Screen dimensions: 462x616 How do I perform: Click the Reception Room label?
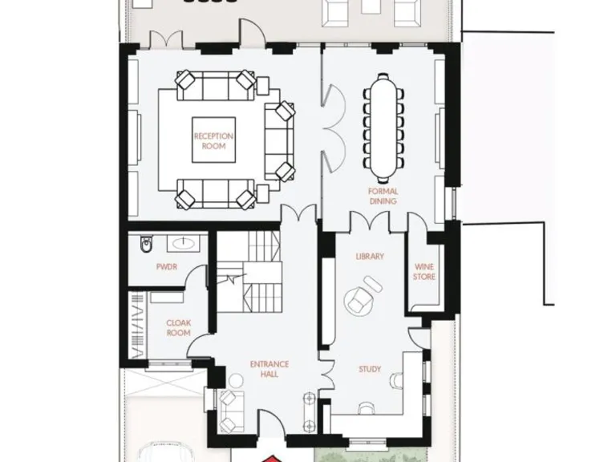click(213, 141)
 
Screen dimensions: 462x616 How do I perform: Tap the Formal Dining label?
click(383, 197)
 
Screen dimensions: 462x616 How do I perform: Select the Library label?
click(370, 257)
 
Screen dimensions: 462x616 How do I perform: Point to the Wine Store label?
click(423, 272)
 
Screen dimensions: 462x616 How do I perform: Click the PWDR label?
click(166, 267)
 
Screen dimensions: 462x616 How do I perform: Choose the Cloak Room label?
click(177, 327)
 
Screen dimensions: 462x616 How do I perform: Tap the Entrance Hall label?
click(269, 370)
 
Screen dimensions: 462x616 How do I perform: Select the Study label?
click(369, 370)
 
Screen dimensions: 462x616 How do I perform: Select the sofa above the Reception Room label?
click(212, 81)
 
